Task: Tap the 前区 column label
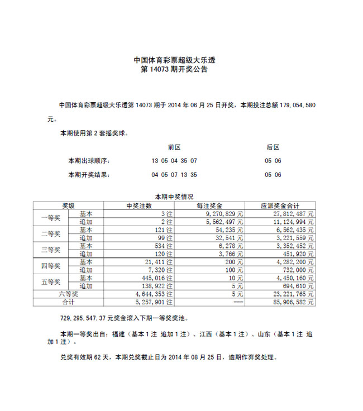174,147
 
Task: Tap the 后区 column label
273,147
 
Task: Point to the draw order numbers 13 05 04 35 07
174,161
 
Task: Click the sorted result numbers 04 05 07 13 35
174,175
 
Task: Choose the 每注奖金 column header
209,205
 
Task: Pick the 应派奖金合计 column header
280,205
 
